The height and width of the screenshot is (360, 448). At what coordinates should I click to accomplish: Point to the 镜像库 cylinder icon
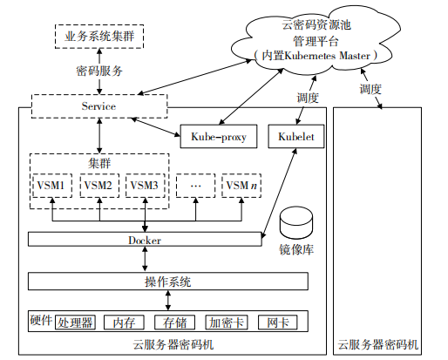click(x=296, y=222)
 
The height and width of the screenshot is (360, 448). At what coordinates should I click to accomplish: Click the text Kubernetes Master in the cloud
click(x=327, y=56)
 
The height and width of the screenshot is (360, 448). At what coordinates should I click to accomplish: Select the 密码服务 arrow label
click(x=99, y=71)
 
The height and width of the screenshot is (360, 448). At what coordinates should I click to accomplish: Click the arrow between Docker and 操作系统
click(x=145, y=259)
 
